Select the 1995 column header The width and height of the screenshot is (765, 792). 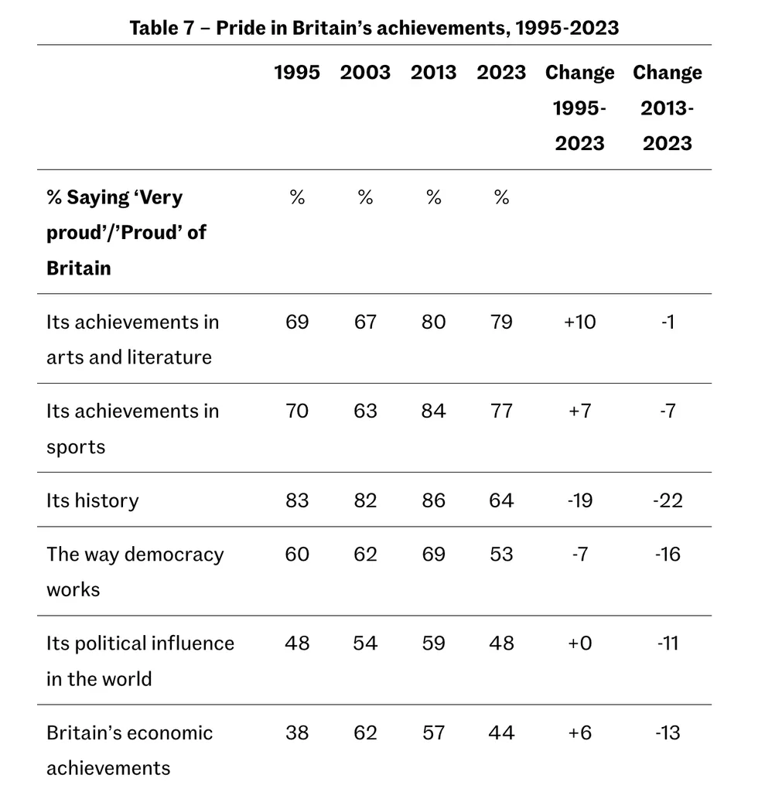[297, 73]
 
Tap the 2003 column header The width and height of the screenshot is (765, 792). [365, 73]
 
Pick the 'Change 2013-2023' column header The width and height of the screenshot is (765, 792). [668, 108]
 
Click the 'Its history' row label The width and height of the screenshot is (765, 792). [92, 500]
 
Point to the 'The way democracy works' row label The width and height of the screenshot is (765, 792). [135, 572]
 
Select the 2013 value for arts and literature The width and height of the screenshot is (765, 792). [434, 322]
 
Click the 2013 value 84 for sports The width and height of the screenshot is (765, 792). [434, 411]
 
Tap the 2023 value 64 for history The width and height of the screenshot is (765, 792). [501, 500]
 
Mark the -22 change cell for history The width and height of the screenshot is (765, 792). [668, 500]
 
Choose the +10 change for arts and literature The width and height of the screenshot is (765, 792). [579, 322]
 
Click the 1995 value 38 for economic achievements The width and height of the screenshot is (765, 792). [297, 732]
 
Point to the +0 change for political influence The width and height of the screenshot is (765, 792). [579, 643]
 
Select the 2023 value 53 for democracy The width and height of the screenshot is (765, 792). [501, 555]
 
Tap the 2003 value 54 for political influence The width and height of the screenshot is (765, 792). [365, 643]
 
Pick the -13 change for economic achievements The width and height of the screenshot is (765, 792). [668, 732]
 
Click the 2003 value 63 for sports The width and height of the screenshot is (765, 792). [365, 411]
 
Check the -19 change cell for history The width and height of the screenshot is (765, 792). [579, 500]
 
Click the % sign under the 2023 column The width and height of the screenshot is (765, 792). [501, 198]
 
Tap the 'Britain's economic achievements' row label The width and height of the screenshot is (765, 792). [129, 750]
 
